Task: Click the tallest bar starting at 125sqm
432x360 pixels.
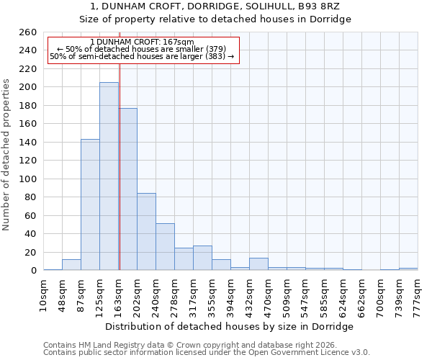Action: pyautogui.click(x=109, y=176)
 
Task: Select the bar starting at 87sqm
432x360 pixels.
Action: pyautogui.click(x=90, y=204)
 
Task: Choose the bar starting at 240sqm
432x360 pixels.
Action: pyautogui.click(x=165, y=247)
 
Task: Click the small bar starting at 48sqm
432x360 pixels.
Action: pyautogui.click(x=71, y=265)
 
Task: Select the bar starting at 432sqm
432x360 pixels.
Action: pyautogui.click(x=258, y=264)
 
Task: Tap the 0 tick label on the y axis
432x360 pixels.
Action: pyautogui.click(x=32, y=271)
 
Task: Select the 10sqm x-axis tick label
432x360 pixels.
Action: pyautogui.click(x=43, y=294)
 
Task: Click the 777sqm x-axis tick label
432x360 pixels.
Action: pyautogui.click(x=418, y=294)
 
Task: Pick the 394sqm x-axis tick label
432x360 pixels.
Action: pyautogui.click(x=230, y=294)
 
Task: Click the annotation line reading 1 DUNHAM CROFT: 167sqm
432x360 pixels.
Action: pyautogui.click(x=143, y=42)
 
